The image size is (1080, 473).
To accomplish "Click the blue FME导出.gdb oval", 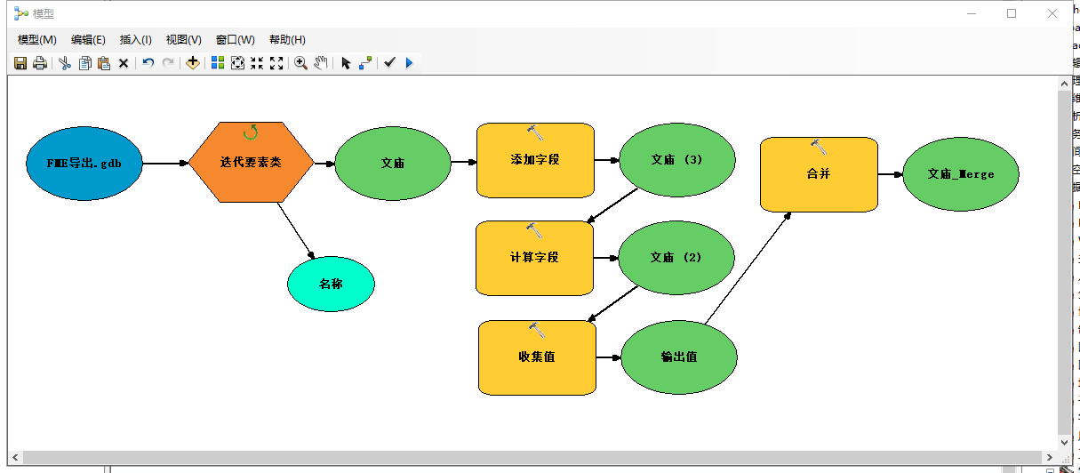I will [x=84, y=164].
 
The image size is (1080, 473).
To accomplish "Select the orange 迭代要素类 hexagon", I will [x=251, y=163].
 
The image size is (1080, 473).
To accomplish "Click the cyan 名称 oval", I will [x=331, y=285].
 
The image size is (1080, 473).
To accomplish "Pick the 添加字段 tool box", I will [x=535, y=160].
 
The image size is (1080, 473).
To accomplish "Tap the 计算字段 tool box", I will [x=534, y=258].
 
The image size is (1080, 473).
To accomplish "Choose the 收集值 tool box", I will [x=537, y=357].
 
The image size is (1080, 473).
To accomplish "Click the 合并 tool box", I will [x=819, y=174].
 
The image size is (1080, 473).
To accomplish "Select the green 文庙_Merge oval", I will [x=960, y=174].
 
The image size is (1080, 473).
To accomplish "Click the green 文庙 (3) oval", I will [x=676, y=160].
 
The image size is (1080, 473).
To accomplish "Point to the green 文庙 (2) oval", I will [x=676, y=258].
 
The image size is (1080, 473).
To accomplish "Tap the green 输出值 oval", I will [x=679, y=357].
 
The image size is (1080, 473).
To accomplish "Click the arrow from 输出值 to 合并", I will [x=747, y=269].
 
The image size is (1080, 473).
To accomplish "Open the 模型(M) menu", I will [x=37, y=40].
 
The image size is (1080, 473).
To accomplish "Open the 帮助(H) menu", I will [x=287, y=40].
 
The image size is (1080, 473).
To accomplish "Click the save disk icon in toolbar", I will [x=20, y=63].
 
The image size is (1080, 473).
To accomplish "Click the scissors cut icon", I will [x=65, y=63].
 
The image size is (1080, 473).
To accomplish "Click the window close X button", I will [x=1052, y=13].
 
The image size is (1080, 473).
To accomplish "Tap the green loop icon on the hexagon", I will [x=251, y=132].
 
